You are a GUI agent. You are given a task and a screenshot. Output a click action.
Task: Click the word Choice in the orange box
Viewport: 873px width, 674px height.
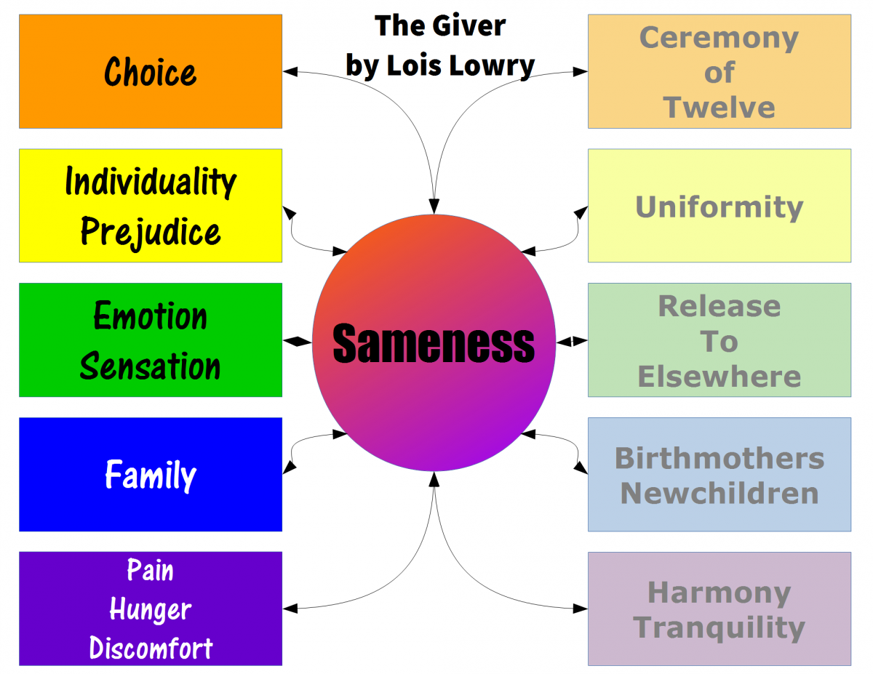[150, 72]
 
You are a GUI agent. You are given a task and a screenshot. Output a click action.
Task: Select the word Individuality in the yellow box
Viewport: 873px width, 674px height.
[150, 181]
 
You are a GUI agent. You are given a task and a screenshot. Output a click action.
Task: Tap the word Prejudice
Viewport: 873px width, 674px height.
[150, 231]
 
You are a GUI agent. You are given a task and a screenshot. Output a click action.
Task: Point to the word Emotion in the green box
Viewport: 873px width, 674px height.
[150, 316]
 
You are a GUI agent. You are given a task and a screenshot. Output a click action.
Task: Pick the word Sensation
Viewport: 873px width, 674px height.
[150, 366]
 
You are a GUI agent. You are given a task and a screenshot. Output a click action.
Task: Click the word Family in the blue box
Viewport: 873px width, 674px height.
[150, 475]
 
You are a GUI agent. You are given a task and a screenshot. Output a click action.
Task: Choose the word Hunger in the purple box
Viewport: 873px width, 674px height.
[150, 609]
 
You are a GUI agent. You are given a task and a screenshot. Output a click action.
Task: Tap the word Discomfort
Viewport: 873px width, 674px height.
[150, 648]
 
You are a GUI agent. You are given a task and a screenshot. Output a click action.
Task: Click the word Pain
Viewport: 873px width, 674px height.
[150, 570]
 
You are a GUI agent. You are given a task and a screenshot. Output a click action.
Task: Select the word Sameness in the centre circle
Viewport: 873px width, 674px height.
[434, 343]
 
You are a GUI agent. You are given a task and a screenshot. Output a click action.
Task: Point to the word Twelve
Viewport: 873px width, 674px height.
[719, 107]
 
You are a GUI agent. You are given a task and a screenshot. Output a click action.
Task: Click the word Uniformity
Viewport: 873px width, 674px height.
[719, 206]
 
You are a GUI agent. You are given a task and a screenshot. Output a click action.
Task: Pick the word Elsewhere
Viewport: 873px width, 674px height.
[719, 377]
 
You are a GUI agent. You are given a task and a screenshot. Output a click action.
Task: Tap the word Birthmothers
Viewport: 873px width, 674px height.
[719, 458]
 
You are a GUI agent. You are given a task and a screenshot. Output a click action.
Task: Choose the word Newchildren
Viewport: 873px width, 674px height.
[719, 493]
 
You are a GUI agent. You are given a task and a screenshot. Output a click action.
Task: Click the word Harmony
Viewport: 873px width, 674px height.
[719, 593]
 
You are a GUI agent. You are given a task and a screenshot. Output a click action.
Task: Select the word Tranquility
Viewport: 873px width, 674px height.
[719, 627]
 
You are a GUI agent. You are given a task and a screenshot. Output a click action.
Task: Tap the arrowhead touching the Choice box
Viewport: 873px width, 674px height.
[290, 71]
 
